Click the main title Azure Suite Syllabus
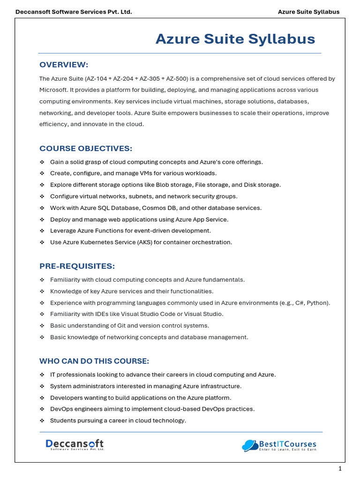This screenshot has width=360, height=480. (235, 39)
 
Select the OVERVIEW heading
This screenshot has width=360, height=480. (64, 65)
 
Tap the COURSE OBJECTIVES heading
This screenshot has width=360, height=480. (86, 149)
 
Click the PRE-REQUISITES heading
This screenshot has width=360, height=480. (77, 266)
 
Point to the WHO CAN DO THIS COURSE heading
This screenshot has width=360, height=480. (94, 361)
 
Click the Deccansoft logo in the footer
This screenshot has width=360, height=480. (75, 444)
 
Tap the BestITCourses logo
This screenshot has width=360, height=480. (279, 445)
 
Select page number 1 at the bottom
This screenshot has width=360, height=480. (340, 469)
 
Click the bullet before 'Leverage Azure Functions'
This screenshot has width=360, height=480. (42, 231)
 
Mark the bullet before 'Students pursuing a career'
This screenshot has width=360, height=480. (42, 421)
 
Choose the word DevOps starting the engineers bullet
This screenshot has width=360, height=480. (60, 409)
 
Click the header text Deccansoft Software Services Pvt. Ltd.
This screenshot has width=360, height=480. (74, 12)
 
